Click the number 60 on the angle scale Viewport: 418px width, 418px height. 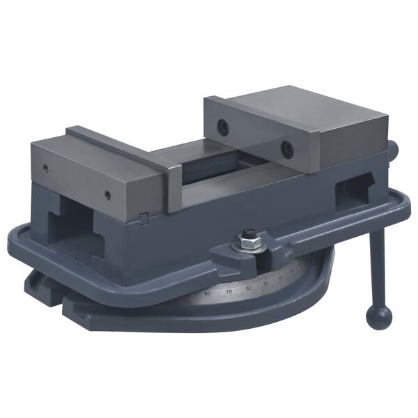tap(207, 293)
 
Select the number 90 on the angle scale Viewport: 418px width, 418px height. tap(265, 284)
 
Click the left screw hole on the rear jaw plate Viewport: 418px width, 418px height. tap(223, 126)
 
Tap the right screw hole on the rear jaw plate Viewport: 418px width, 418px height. tap(286, 148)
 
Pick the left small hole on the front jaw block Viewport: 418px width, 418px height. tap(46, 167)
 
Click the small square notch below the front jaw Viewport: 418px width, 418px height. tap(144, 219)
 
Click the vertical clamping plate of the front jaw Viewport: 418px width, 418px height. tap(173, 185)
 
